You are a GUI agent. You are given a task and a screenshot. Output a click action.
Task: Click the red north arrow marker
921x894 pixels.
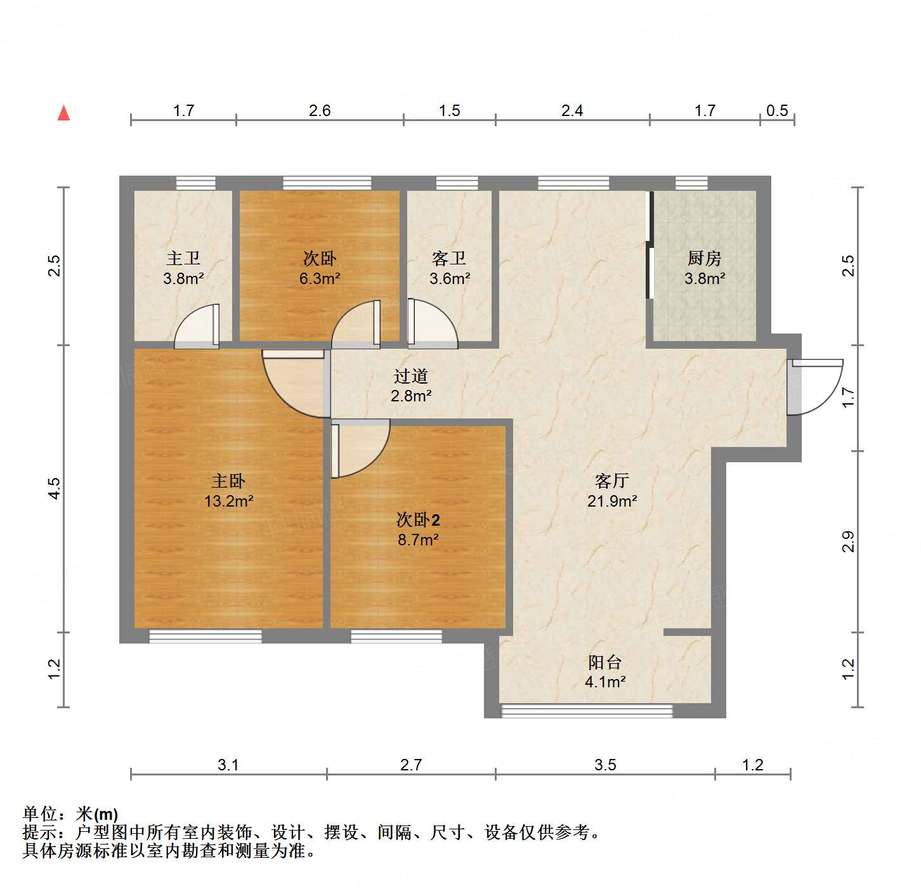[x=63, y=113]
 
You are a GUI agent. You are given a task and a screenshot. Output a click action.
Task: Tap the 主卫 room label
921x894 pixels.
[x=183, y=258]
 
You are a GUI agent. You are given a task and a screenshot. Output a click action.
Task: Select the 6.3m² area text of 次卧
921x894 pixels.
[x=320, y=278]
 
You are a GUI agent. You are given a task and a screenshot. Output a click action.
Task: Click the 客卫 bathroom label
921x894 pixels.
[x=449, y=258]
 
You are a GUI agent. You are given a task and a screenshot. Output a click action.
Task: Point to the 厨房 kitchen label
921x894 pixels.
[x=704, y=258]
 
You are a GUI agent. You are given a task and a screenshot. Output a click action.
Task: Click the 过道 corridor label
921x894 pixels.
[x=410, y=376]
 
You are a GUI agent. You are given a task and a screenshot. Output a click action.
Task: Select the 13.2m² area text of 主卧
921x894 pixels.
[x=228, y=501]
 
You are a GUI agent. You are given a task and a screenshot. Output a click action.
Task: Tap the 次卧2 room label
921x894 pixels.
[x=418, y=520]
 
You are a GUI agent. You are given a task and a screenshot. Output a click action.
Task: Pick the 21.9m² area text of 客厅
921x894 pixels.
[x=611, y=501]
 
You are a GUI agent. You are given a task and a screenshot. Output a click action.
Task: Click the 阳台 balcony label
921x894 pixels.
[x=604, y=663]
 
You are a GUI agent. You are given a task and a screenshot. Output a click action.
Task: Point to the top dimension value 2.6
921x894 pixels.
[x=320, y=110]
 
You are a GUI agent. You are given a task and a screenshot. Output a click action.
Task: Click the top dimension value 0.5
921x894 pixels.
[x=776, y=110]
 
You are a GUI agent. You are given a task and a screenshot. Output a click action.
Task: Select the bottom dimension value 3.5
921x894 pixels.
[x=604, y=765]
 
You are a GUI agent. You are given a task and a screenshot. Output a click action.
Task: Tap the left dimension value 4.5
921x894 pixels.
[x=55, y=488]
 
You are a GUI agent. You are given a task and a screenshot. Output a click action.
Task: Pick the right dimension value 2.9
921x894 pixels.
[x=848, y=541]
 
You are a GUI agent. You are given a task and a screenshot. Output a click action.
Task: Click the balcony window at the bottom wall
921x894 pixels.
[x=586, y=711]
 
